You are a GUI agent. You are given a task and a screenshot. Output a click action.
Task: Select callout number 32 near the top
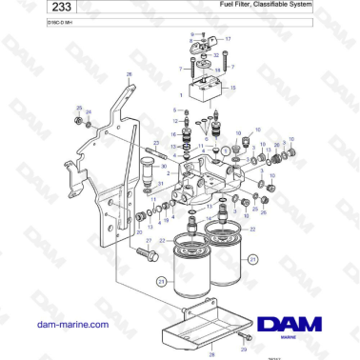217,56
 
